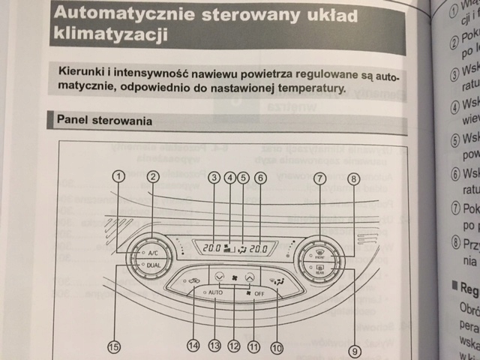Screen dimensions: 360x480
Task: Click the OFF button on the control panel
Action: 258,292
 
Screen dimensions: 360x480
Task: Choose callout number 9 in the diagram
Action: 354,350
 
